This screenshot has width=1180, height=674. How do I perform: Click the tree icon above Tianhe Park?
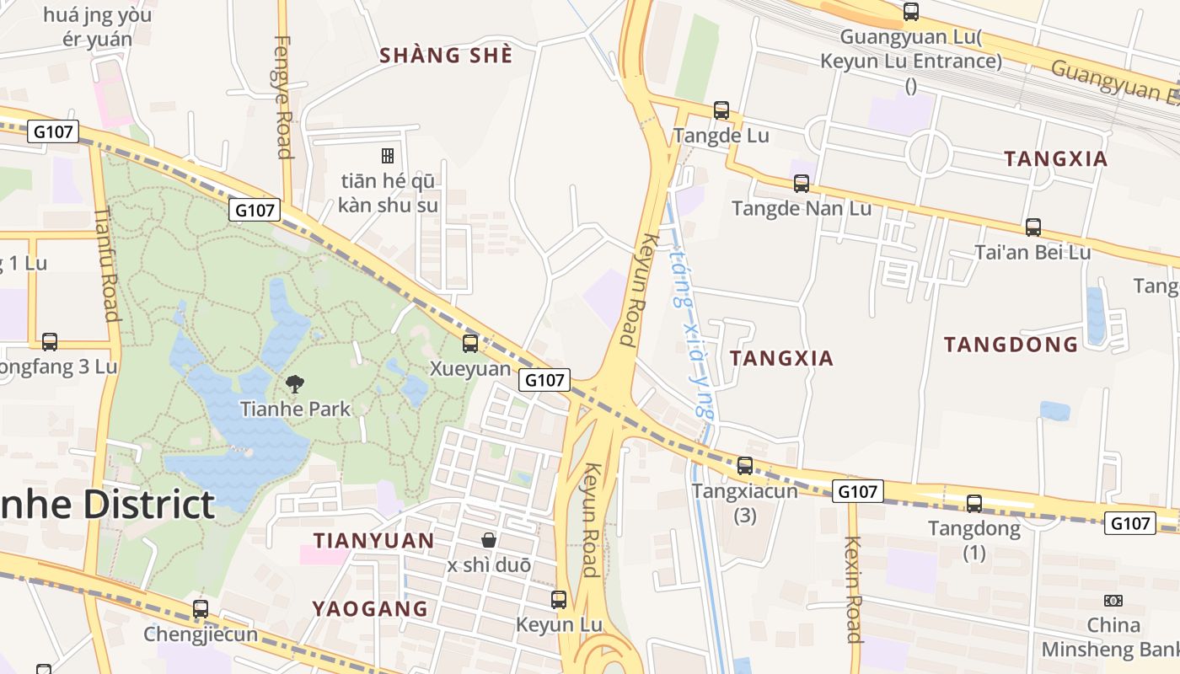tap(294, 384)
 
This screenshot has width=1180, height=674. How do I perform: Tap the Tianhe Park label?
tap(294, 409)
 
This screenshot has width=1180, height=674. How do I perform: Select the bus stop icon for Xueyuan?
tap(470, 344)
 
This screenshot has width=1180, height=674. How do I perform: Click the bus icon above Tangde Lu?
tap(721, 110)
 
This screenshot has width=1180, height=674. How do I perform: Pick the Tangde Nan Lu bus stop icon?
tap(801, 183)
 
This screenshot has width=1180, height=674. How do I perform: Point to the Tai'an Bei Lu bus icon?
tap(1032, 227)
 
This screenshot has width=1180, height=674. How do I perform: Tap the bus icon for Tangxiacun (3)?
tap(744, 465)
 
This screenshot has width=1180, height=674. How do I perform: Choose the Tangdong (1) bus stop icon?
tap(973, 504)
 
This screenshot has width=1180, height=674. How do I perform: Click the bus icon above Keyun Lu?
tap(558, 600)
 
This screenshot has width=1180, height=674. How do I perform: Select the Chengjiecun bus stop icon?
tap(200, 608)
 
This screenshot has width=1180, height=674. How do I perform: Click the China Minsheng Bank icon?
tap(1113, 601)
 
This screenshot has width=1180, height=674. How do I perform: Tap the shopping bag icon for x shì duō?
tap(488, 539)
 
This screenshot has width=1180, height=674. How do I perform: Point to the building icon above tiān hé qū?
tap(388, 155)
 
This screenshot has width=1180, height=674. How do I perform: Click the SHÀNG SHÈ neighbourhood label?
tap(446, 56)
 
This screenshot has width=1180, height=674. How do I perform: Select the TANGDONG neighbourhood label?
tap(1011, 344)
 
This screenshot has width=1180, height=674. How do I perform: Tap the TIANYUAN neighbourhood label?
tap(373, 540)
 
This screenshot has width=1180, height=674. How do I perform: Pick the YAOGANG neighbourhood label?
tap(370, 608)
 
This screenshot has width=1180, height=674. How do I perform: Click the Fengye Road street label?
tap(283, 97)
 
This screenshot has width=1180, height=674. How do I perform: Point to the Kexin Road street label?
tap(853, 589)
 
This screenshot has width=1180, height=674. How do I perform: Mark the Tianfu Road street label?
tap(106, 265)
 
